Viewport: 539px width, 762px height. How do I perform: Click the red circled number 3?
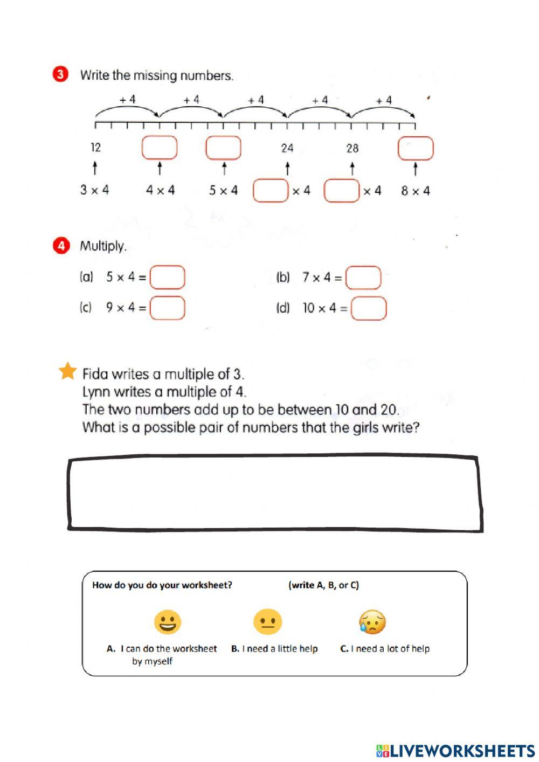(x=60, y=74)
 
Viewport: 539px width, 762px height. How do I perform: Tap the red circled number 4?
(x=61, y=246)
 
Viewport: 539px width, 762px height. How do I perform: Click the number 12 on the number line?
(x=95, y=148)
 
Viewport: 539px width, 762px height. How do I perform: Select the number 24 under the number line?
(x=287, y=148)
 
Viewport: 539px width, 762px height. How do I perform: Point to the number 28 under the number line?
(x=352, y=148)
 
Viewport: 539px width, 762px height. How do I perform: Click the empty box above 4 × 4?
(x=160, y=148)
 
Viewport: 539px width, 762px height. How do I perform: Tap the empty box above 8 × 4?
(x=415, y=148)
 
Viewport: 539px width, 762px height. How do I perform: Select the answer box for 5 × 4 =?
(x=167, y=278)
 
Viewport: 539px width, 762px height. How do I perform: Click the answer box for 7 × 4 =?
(x=363, y=278)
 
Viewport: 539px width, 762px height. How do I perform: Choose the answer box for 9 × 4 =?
(x=167, y=308)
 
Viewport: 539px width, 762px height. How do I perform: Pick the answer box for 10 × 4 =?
(x=369, y=308)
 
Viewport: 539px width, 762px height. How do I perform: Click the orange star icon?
(x=68, y=371)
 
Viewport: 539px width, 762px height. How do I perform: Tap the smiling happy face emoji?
(x=167, y=622)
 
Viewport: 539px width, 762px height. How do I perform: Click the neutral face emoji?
(x=267, y=622)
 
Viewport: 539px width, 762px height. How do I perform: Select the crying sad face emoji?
(x=372, y=622)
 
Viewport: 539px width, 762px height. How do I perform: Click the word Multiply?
(x=103, y=246)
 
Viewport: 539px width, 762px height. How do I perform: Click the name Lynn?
(x=95, y=392)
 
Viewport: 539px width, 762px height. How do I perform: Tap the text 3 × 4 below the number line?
(x=94, y=190)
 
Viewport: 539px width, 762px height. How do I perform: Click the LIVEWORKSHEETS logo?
(x=455, y=751)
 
